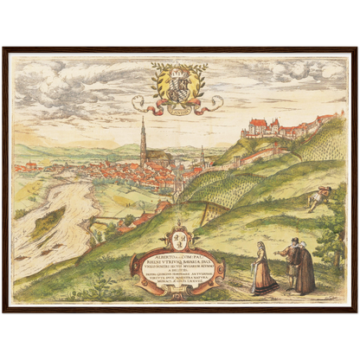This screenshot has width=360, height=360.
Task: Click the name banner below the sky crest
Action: pos(178,109)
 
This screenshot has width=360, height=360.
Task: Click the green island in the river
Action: pos(48,220)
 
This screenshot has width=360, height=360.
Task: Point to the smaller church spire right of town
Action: pos(202,156)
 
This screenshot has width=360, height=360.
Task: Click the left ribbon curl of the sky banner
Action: pos(139,105)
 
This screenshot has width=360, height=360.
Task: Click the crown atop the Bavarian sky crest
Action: pos(178,66)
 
